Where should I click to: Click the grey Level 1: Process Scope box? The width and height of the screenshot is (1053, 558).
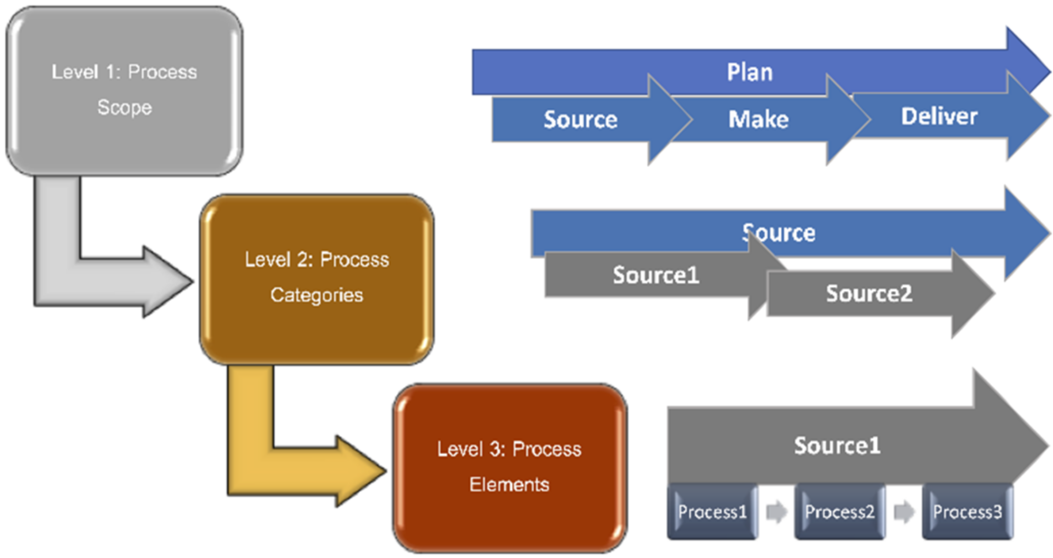click(124, 90)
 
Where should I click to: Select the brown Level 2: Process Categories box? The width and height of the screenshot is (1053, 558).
click(316, 278)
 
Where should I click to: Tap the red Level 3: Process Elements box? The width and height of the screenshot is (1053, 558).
click(510, 468)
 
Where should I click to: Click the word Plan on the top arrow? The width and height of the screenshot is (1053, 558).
click(749, 72)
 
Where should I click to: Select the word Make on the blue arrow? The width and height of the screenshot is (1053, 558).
click(758, 119)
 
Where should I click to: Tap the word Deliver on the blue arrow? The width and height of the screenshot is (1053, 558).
click(938, 116)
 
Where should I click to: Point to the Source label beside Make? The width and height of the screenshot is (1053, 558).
click(580, 119)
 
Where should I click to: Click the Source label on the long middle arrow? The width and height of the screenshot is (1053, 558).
click(779, 233)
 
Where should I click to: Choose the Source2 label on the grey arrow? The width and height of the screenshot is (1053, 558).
click(869, 293)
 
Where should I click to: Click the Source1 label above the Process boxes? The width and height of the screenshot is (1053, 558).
click(837, 446)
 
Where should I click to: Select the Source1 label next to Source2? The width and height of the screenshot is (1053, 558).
click(656, 275)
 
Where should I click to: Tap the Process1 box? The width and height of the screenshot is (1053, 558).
click(712, 511)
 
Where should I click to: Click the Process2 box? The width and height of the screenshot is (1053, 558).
click(839, 511)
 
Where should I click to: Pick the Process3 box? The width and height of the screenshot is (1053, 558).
click(967, 511)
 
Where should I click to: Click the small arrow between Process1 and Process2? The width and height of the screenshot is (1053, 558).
click(776, 511)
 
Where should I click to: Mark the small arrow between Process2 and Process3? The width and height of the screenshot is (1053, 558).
click(904, 511)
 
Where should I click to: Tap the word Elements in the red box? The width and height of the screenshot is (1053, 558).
click(509, 484)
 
